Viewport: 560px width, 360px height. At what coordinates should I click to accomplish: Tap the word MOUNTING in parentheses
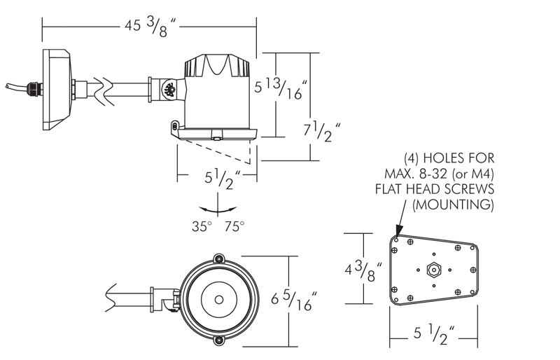pyautogui.click(x=453, y=205)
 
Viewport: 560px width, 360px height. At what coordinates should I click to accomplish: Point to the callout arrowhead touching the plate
pyautogui.click(x=398, y=232)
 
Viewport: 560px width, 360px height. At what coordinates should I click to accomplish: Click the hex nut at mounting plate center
pyautogui.click(x=432, y=269)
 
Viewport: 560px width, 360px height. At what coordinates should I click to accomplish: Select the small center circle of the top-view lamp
pyautogui.click(x=219, y=298)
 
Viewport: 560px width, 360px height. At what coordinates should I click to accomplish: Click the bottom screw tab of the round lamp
pyautogui.click(x=219, y=340)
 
